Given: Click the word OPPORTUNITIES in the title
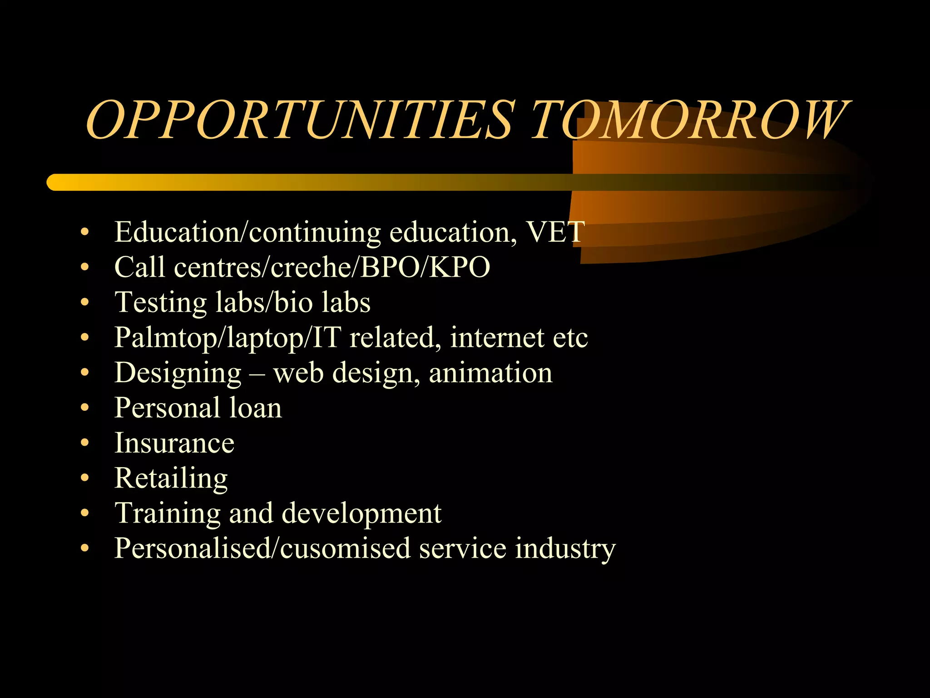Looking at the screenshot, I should tap(300, 120).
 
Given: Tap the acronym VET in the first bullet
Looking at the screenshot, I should tap(555, 232).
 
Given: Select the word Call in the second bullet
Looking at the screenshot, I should tap(139, 267).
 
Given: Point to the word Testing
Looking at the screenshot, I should tap(160, 303).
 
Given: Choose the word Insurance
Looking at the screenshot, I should tap(174, 443).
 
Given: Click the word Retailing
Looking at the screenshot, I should tap(171, 479).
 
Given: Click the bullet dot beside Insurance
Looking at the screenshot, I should tap(84, 443).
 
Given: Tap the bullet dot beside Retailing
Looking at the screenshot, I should tap(84, 478).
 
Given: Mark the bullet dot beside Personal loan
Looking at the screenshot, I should tap(84, 408).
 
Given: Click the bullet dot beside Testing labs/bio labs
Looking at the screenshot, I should tap(84, 302).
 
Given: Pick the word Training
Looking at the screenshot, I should tap(167, 514).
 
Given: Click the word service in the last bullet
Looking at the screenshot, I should tap(462, 548).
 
